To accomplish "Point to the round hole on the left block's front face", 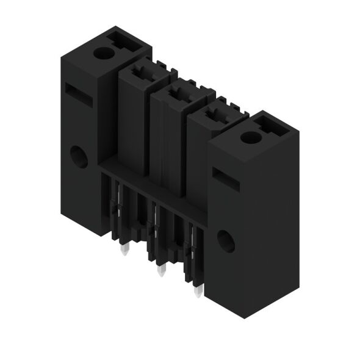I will [x=77, y=157].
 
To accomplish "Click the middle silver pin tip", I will [x=160, y=271].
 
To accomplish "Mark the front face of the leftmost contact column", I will [x=132, y=122].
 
